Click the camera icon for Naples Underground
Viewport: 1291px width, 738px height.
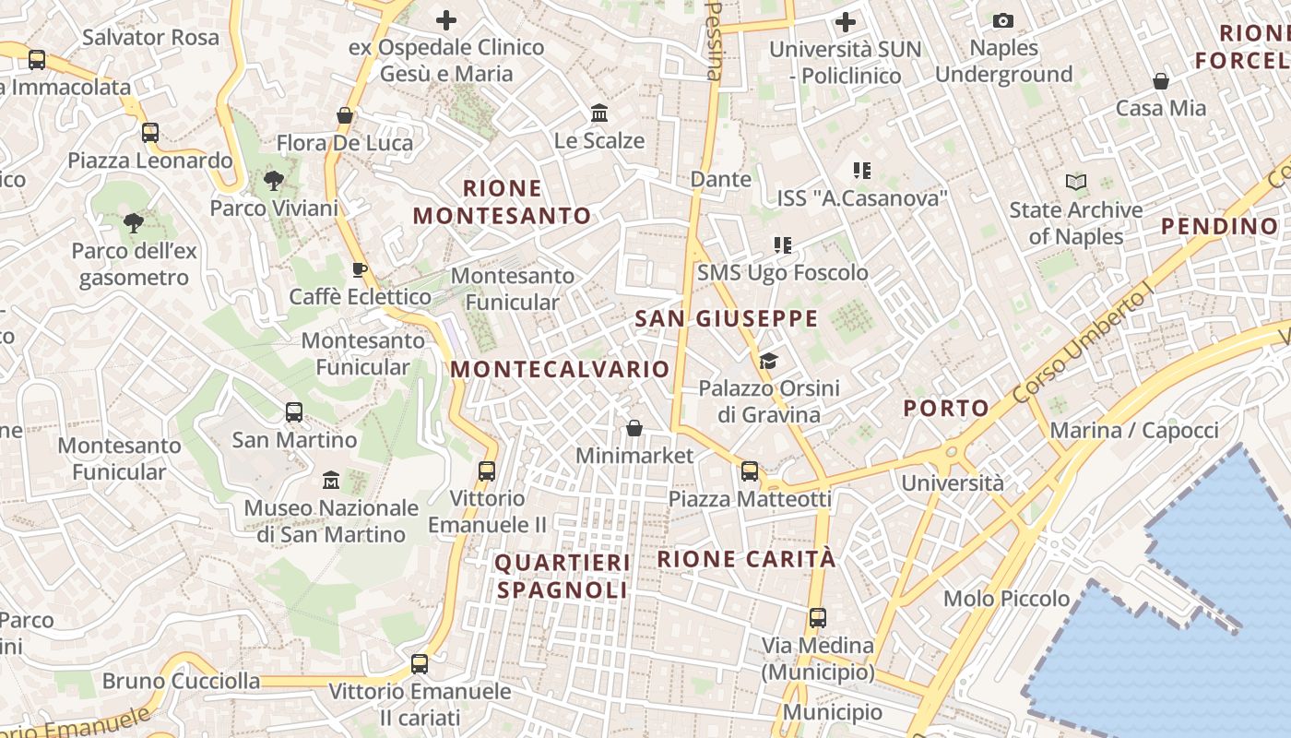1003,20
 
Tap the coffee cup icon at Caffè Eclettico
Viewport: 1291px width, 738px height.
360,269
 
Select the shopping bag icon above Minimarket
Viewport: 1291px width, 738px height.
634,428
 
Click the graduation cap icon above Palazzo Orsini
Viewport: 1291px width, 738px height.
769,361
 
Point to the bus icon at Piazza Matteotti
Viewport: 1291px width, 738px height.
750,471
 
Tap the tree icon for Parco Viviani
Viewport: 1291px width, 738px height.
273,180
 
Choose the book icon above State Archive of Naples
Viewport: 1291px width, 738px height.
1076,183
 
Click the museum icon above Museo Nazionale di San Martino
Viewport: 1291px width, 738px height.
331,481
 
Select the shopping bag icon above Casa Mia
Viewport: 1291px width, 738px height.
1161,81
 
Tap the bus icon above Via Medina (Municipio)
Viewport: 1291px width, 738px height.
818,617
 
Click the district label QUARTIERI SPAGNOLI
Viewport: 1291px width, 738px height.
563,576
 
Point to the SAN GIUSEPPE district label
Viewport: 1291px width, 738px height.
727,319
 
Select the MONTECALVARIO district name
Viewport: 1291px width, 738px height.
560,369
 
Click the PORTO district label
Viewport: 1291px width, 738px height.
946,408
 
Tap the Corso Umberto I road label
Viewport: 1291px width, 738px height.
1084,343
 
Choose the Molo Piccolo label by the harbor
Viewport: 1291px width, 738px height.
1006,599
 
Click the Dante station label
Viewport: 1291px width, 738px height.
720,179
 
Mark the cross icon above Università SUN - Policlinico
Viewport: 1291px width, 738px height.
846,22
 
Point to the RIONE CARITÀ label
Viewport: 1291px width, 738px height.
747,559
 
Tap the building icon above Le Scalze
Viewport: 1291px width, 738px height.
599,113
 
